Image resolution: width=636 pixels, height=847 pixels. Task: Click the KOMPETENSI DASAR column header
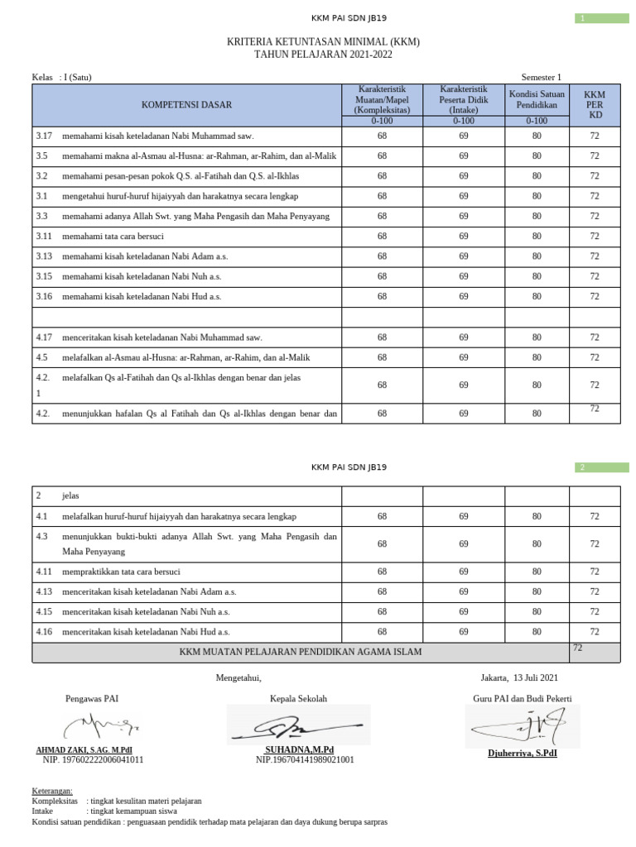click(x=186, y=105)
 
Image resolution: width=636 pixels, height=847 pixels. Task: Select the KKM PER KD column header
click(x=594, y=105)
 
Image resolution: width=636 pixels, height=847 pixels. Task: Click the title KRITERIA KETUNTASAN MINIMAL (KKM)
click(x=323, y=41)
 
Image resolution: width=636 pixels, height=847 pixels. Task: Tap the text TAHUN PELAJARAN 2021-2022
click(x=323, y=55)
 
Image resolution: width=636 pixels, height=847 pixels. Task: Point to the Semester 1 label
click(x=541, y=78)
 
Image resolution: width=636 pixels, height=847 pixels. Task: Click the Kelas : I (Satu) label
click(x=62, y=78)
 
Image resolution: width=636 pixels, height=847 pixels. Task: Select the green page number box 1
click(x=602, y=18)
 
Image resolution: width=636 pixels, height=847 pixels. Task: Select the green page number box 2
click(x=602, y=467)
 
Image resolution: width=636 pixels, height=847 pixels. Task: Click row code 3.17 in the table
click(x=44, y=136)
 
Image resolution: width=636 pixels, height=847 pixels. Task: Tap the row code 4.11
click(x=44, y=572)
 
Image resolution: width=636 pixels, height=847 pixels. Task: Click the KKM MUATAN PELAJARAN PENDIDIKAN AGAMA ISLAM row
click(x=301, y=652)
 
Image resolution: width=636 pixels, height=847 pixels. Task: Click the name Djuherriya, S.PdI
click(x=522, y=754)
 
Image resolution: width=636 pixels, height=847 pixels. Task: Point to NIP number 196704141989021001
click(x=305, y=759)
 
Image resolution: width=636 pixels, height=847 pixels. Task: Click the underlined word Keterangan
click(x=52, y=791)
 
